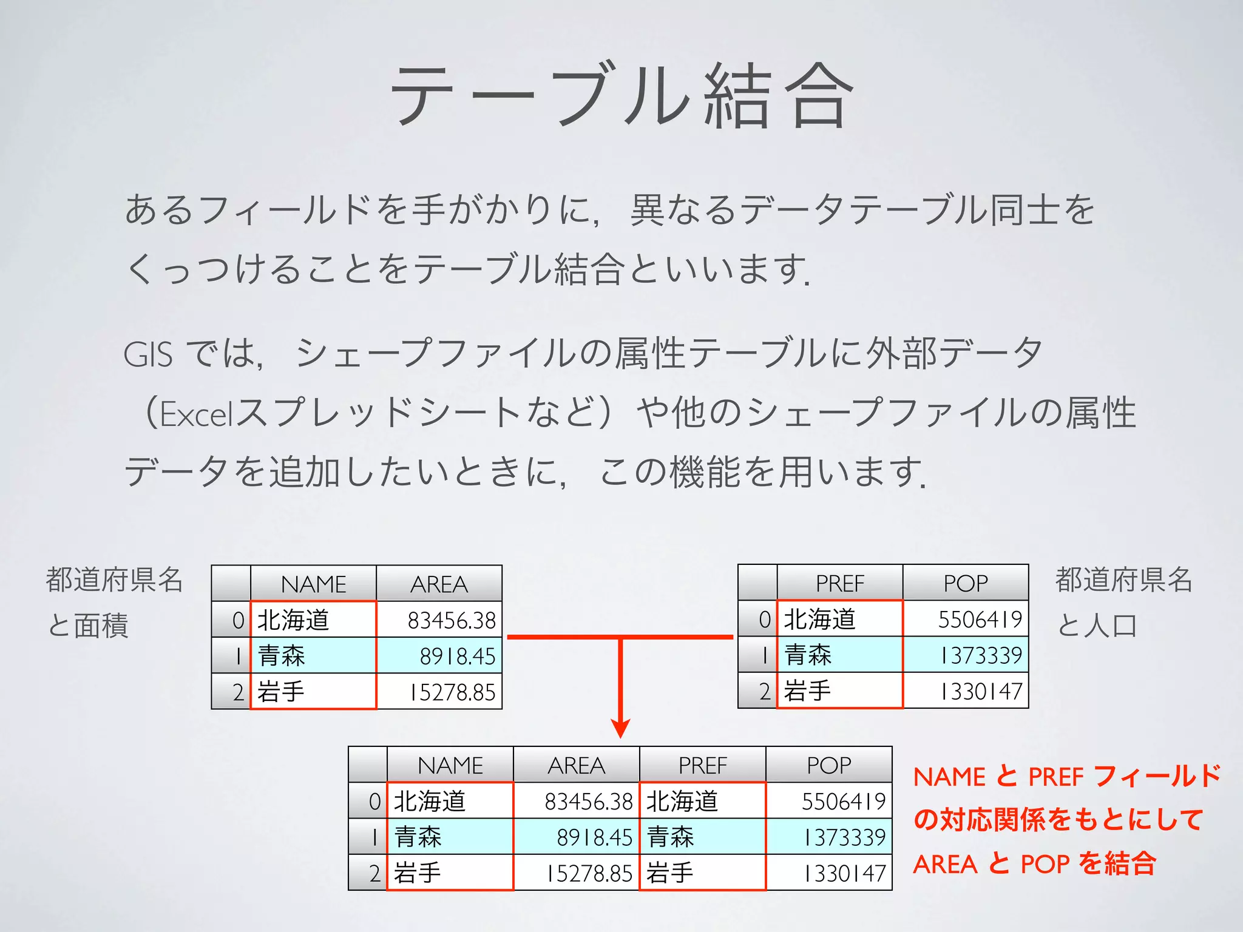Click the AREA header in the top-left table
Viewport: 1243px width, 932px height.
[439, 584]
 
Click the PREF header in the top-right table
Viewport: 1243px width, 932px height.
[839, 583]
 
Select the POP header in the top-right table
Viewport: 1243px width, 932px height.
[965, 583]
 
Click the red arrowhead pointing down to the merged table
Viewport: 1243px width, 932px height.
[620, 728]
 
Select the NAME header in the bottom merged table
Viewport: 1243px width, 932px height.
[450, 765]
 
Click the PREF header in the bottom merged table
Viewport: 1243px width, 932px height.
[702, 765]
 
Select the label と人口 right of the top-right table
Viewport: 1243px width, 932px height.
[1096, 626]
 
